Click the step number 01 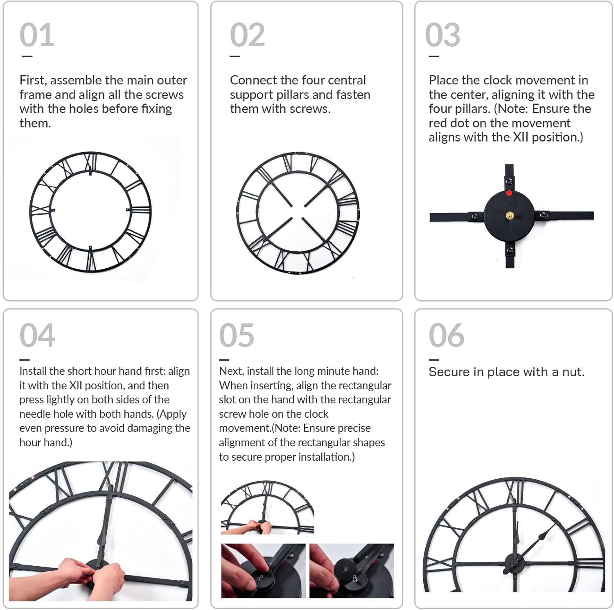37,35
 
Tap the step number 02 247,35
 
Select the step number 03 442,35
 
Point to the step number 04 37,335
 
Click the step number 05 237,335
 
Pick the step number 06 447,335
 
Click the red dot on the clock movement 509,193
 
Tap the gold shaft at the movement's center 510,215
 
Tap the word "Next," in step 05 231,371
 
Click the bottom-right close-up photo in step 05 352,571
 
